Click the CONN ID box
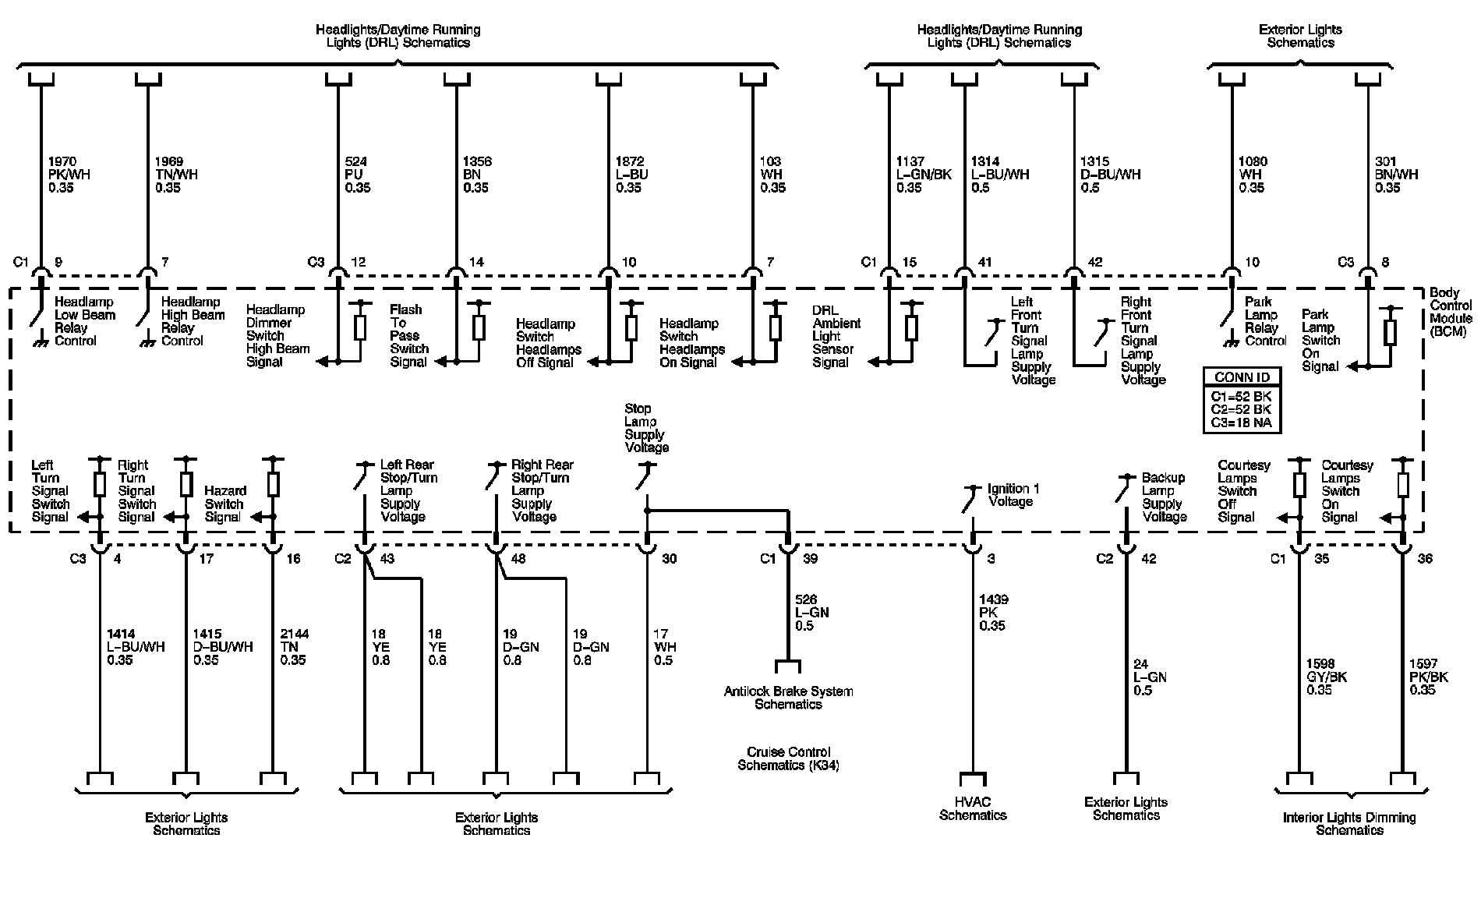click(x=1242, y=399)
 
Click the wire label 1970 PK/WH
click(x=69, y=175)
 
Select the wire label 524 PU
click(x=357, y=175)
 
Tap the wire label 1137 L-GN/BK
click(x=924, y=175)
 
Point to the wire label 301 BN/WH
click(x=1397, y=175)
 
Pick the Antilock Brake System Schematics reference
click(x=788, y=698)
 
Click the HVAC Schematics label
click(x=973, y=808)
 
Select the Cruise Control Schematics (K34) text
click(x=788, y=758)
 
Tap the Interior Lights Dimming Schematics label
click(x=1349, y=823)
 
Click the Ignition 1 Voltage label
click(x=1013, y=495)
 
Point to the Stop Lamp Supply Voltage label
click(x=645, y=428)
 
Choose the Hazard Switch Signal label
click(x=224, y=504)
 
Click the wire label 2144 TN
click(x=293, y=647)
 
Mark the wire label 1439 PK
click(x=993, y=613)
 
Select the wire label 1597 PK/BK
click(x=1428, y=677)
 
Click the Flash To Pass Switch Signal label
click(x=409, y=336)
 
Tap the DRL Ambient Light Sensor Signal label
click(x=836, y=336)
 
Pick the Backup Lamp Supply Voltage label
click(x=1164, y=497)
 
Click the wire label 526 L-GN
click(x=811, y=613)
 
